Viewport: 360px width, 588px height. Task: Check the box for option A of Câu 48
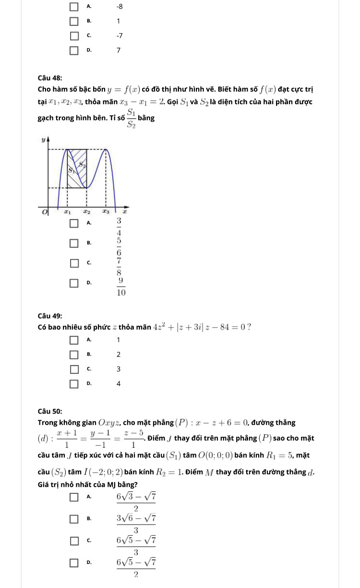[x=74, y=223]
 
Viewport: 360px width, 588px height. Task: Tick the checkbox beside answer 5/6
[x=74, y=243]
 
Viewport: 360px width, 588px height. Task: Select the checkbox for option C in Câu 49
[x=74, y=369]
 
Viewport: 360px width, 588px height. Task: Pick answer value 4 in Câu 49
[x=119, y=383]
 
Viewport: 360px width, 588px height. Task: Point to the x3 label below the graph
[x=105, y=211]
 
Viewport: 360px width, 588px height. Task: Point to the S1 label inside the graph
[x=71, y=170]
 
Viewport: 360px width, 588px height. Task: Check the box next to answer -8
[x=74, y=7]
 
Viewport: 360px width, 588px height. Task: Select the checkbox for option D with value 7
[x=74, y=50]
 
